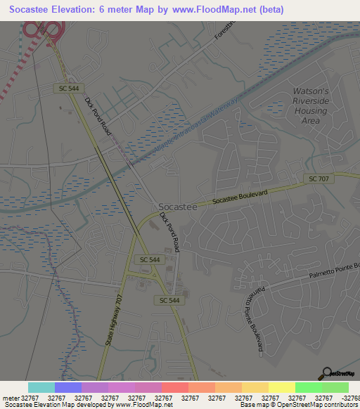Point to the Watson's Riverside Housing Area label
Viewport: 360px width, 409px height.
(x=310, y=105)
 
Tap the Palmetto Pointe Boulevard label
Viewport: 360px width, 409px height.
(x=254, y=312)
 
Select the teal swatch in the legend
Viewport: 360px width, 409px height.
(x=41, y=387)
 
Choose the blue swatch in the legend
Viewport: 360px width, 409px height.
(x=68, y=387)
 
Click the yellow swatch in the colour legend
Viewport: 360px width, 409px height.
(x=281, y=387)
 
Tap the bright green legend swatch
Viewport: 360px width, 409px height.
(x=308, y=387)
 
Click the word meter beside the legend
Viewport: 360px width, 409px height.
(x=10, y=398)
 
